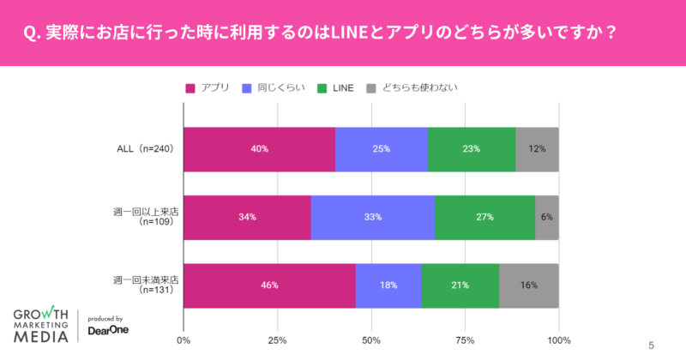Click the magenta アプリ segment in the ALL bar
pyautogui.click(x=259, y=148)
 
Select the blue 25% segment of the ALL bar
pyautogui.click(x=382, y=148)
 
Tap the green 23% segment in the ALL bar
pyautogui.click(x=472, y=148)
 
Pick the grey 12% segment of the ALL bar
pyautogui.click(x=537, y=148)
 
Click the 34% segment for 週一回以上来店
pyautogui.click(x=247, y=217)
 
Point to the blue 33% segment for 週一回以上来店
pyautogui.click(x=373, y=217)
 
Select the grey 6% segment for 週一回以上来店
pyautogui.click(x=547, y=217)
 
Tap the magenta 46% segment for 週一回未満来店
pyautogui.click(x=269, y=285)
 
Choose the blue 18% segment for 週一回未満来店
pyautogui.click(x=388, y=285)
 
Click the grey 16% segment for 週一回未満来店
pyautogui.click(x=529, y=285)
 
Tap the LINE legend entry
pyautogui.click(x=335, y=87)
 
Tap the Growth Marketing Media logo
pyautogui.click(x=42, y=324)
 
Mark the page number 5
pyautogui.click(x=651, y=345)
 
